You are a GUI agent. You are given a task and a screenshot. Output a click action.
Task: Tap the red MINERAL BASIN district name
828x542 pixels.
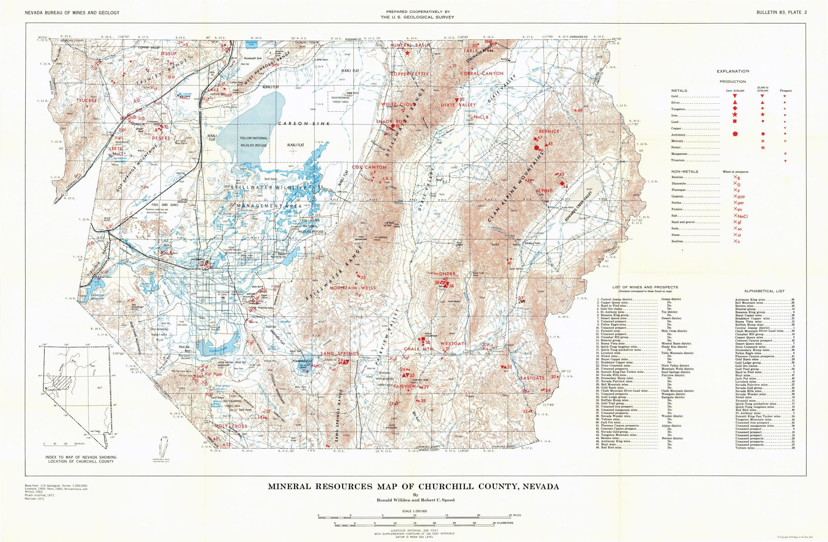(410, 45)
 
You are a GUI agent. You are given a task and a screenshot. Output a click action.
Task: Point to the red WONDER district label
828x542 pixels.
(444, 274)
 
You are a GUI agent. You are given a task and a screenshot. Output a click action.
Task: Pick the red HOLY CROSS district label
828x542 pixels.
(231, 426)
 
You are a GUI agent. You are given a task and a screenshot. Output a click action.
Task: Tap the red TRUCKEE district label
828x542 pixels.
(87, 100)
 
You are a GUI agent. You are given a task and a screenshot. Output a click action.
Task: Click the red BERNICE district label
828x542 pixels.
(549, 131)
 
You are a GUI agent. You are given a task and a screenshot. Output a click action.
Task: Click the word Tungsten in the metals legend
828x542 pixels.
(678, 109)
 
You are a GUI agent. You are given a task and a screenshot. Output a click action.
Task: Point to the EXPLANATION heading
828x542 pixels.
(733, 71)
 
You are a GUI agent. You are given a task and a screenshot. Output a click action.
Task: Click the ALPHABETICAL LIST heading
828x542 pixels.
(764, 291)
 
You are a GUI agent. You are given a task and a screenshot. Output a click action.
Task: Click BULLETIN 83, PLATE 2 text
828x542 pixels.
(781, 13)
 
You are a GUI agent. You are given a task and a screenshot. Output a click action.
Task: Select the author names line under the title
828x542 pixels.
(413, 500)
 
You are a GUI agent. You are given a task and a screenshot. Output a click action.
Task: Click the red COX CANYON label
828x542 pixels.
(369, 167)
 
